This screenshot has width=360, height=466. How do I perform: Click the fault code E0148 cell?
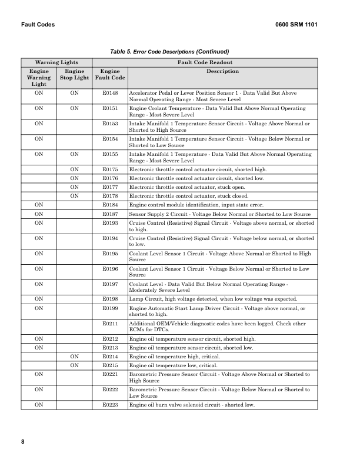(x=110, y=93)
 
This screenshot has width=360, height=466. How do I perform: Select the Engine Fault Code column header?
(x=110, y=74)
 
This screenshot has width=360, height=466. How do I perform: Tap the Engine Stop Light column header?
(x=74, y=74)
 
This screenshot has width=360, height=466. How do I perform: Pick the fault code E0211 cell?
(x=110, y=323)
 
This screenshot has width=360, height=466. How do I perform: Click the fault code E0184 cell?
(x=110, y=205)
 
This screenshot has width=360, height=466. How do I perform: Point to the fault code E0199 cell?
(x=110, y=308)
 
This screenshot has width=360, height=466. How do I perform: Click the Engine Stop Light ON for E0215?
(x=74, y=365)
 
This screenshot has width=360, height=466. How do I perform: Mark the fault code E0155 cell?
(x=110, y=154)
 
